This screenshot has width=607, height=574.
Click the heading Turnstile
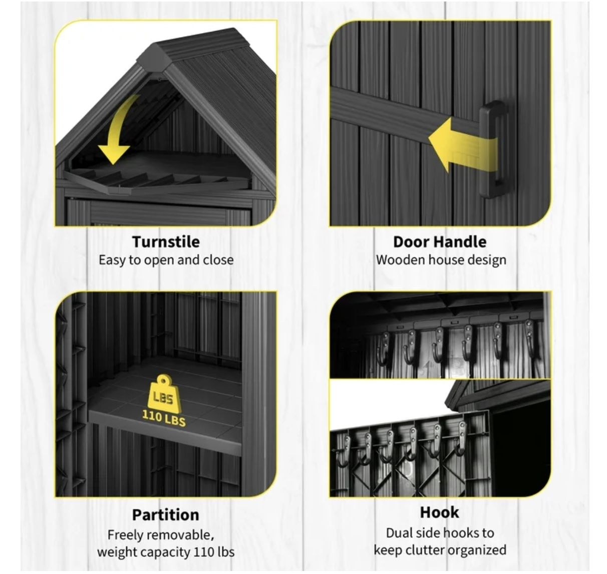(x=166, y=242)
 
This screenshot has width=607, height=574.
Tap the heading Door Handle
(x=440, y=242)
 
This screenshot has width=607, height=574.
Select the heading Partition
(x=166, y=515)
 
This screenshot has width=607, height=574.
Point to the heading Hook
(x=439, y=512)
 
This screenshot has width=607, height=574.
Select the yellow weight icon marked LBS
(x=163, y=394)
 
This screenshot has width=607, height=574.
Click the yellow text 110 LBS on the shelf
(x=164, y=418)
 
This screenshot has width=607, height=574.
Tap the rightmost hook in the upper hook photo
(x=529, y=339)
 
